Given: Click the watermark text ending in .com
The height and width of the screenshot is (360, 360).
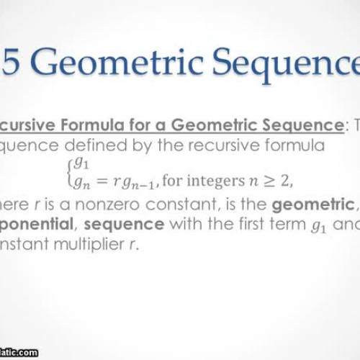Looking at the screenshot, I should [18, 353].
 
